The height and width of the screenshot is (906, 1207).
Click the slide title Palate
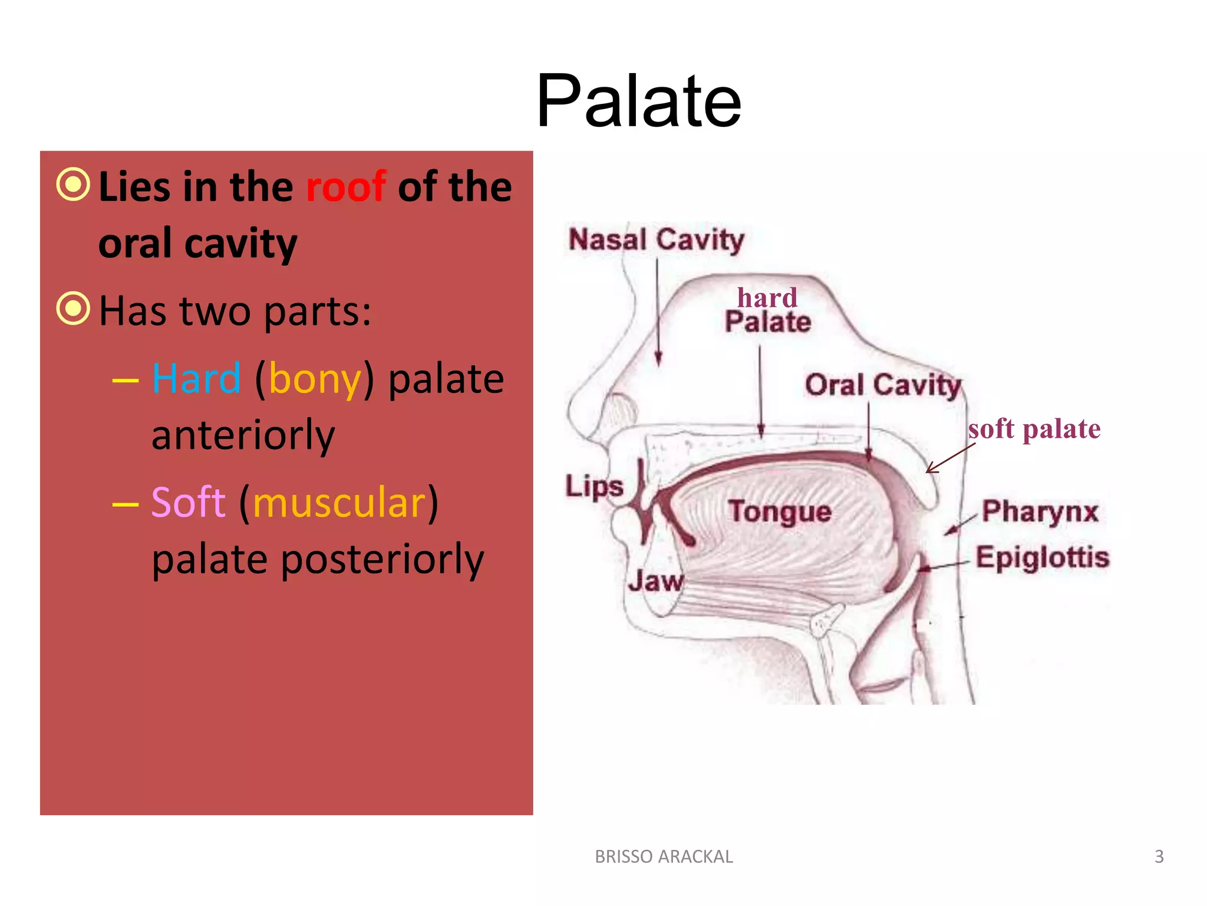coord(638,101)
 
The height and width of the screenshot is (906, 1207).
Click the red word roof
coord(346,187)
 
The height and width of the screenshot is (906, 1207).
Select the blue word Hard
coord(196,379)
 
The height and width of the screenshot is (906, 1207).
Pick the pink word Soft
coord(188,503)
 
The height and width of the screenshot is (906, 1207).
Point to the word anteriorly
coord(243,435)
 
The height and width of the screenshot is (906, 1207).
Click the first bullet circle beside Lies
coord(74,185)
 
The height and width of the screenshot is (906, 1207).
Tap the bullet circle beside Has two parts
coord(74,308)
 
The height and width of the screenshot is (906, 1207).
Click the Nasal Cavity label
coord(656,240)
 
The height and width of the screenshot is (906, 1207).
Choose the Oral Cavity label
coord(883,385)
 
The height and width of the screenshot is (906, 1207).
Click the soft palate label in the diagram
coord(1034,429)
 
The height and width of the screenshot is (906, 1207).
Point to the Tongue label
coord(780,511)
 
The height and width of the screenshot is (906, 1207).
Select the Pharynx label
coord(1040,511)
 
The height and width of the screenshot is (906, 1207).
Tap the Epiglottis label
coord(1042,557)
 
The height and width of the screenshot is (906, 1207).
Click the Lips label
coord(594,487)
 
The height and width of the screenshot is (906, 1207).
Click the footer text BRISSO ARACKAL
coord(664,856)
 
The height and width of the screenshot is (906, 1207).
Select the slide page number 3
coord(1159,856)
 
